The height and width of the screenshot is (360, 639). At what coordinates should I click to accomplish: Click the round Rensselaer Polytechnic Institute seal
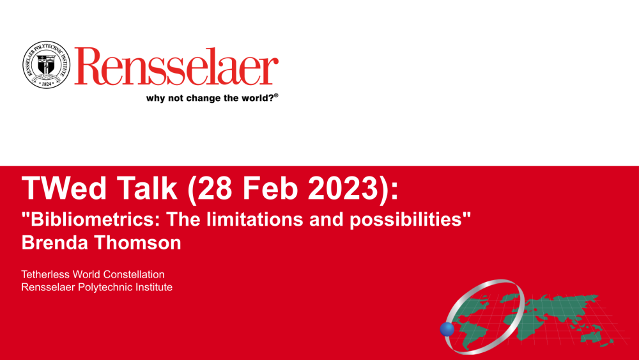pyautogui.click(x=46, y=65)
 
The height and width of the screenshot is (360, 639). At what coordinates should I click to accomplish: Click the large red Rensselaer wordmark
pyautogui.click(x=176, y=66)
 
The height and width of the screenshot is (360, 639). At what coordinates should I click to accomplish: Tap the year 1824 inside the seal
pyautogui.click(x=47, y=83)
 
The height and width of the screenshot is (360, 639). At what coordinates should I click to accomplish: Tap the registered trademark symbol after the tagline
pyautogui.click(x=276, y=95)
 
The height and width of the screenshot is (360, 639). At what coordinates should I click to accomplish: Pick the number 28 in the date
pyautogui.click(x=214, y=188)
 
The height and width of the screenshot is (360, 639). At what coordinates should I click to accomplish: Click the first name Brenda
pyautogui.click(x=54, y=242)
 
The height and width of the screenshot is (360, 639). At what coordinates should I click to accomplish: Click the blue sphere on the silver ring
pyautogui.click(x=447, y=329)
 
